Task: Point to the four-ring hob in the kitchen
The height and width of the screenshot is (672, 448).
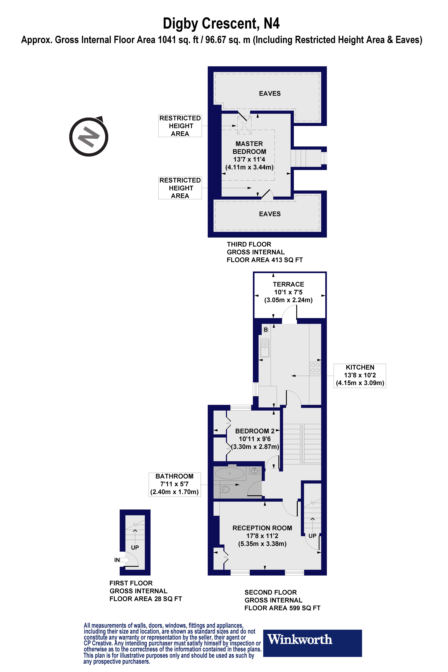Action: [x=315, y=368]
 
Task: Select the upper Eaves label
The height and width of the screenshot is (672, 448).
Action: [x=270, y=93]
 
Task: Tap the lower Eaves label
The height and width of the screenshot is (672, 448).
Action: [x=270, y=214]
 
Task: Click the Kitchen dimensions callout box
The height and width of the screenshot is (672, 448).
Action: [x=360, y=375]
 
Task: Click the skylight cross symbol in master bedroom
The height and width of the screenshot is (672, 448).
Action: [x=244, y=125]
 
